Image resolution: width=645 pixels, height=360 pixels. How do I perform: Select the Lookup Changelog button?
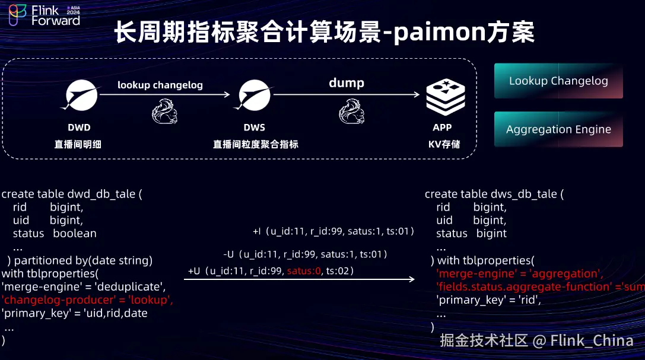(x=558, y=81)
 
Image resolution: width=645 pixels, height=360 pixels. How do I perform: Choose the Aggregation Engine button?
(x=558, y=129)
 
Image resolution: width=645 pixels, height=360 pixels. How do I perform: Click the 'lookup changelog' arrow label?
(x=160, y=85)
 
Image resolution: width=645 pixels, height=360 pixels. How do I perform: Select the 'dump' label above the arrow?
(x=347, y=82)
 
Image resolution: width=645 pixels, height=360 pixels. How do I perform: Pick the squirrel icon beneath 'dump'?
(x=352, y=111)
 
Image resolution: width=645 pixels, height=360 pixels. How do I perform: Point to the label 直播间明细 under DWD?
(x=78, y=144)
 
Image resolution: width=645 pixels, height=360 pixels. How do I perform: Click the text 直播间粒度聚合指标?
(x=256, y=144)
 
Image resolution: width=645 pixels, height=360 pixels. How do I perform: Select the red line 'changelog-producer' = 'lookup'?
(x=87, y=300)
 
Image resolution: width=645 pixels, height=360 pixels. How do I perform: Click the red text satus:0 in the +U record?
(x=304, y=271)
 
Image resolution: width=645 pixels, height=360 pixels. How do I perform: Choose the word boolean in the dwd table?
(x=74, y=233)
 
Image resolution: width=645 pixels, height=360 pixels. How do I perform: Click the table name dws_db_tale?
(x=524, y=194)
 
